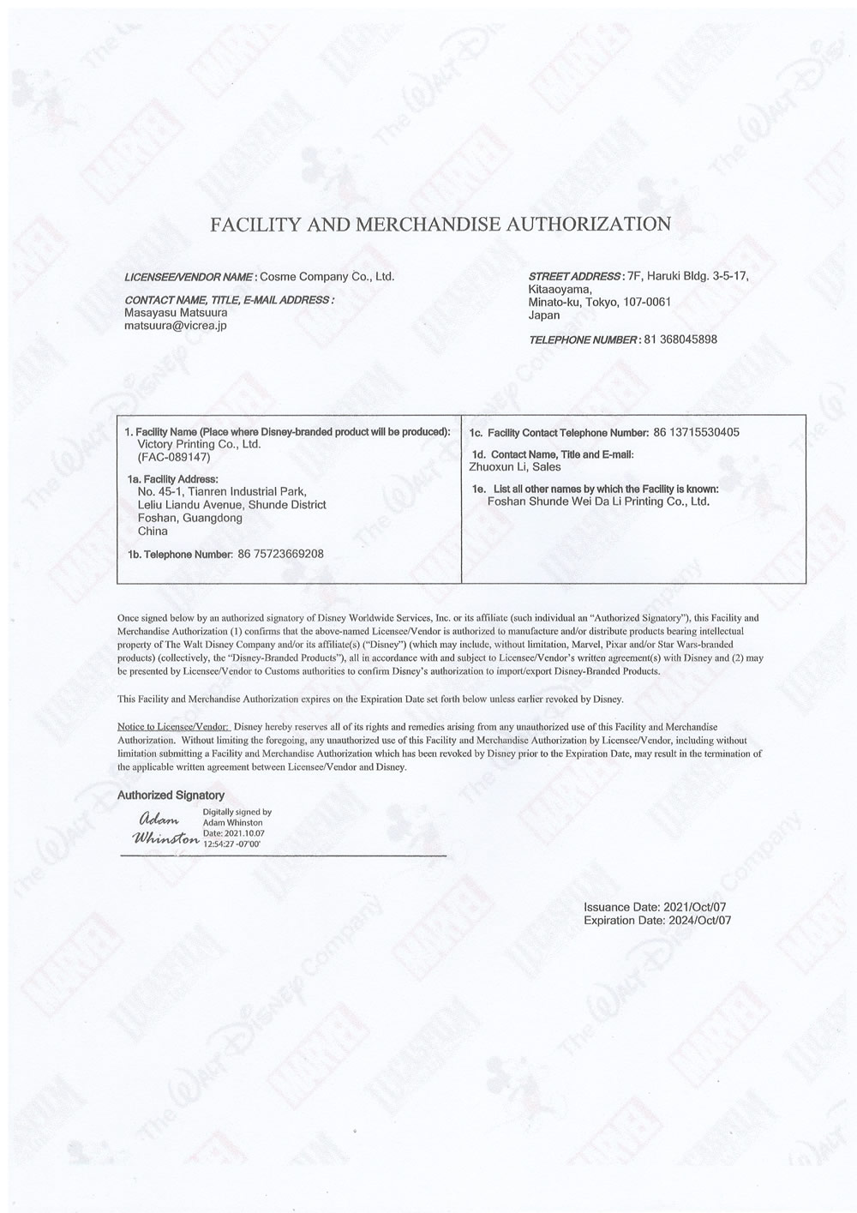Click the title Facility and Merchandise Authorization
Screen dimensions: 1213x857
click(x=440, y=225)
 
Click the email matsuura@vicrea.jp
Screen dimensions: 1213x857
click(x=176, y=326)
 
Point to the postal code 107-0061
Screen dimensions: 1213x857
click(x=646, y=301)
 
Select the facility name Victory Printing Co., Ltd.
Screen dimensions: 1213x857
click(x=199, y=445)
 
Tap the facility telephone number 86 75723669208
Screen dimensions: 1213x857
click(x=280, y=554)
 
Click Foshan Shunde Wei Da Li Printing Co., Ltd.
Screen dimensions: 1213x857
click(x=598, y=501)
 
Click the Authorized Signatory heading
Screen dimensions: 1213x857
click(x=171, y=796)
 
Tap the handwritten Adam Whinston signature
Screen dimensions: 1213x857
click(x=163, y=829)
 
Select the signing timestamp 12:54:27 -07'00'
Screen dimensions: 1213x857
click(x=231, y=844)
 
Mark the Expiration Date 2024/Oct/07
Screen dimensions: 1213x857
click(x=695, y=921)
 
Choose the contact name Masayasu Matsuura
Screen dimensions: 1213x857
click(x=176, y=313)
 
